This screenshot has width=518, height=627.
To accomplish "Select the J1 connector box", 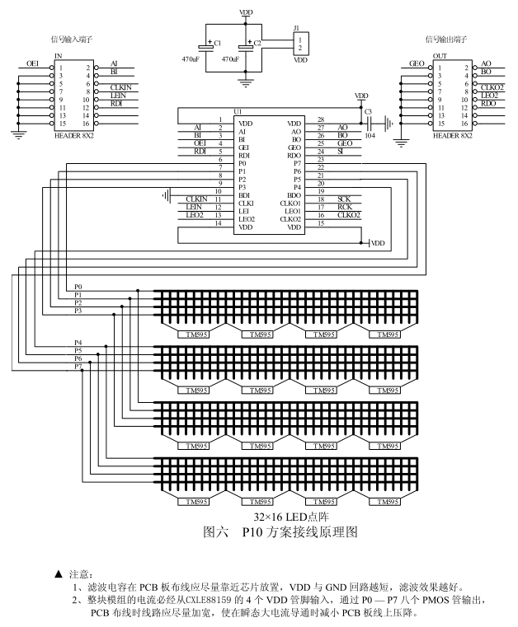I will point(302,44).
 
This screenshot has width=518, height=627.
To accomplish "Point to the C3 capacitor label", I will point(368,110).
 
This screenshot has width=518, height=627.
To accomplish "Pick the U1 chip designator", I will point(238,110).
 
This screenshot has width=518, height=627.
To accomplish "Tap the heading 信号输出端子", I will point(443,39).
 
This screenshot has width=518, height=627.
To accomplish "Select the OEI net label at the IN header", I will point(33,63).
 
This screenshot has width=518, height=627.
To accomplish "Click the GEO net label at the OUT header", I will point(417,63).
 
